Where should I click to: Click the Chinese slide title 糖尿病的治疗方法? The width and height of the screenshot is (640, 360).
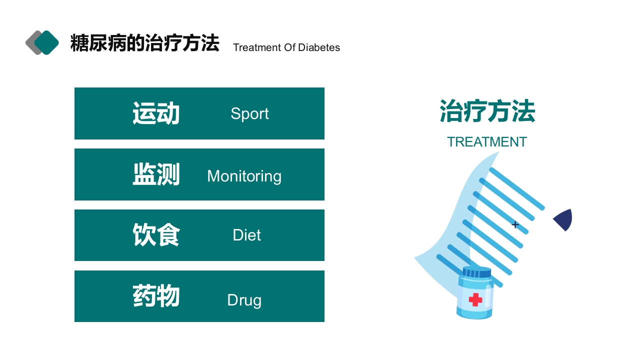click(144, 43)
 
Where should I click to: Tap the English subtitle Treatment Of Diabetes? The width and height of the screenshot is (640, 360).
click(286, 47)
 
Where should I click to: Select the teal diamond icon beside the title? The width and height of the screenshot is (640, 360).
click(47, 42)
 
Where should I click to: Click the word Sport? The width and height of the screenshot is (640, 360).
click(249, 113)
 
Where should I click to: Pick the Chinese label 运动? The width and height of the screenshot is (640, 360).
click(156, 113)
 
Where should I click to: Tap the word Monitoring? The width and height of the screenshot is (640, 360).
click(244, 176)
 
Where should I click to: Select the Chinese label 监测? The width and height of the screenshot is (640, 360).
click(156, 174)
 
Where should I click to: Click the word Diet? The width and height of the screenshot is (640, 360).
click(246, 235)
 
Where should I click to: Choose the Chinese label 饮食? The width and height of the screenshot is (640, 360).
click(156, 235)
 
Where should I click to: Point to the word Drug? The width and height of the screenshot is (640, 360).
click(244, 300)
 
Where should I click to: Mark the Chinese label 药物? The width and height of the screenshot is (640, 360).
click(156, 296)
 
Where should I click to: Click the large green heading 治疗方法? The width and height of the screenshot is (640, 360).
click(487, 111)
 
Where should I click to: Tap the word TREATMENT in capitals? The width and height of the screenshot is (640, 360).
click(486, 142)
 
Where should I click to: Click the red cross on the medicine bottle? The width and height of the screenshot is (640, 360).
click(475, 299)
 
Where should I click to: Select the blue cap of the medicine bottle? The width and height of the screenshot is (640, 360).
click(476, 273)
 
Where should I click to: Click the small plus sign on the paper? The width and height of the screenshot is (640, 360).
click(515, 224)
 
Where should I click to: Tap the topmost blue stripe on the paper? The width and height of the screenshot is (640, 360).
click(516, 188)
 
